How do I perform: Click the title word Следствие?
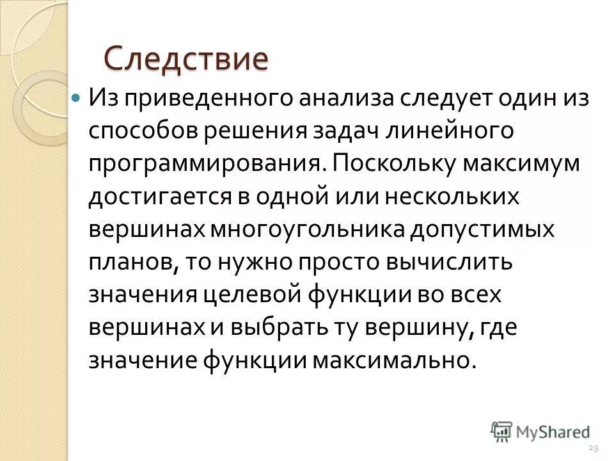[x=185, y=58]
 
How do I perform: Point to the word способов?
[x=144, y=132]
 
